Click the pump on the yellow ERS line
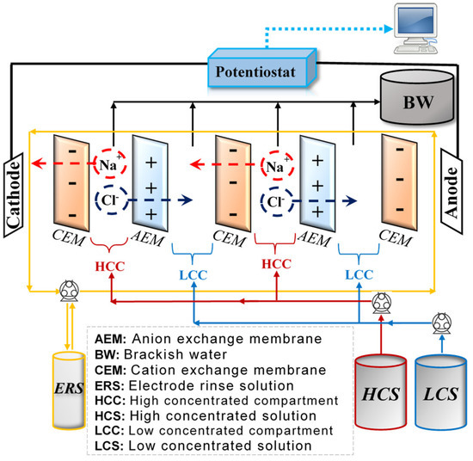click(x=64, y=291)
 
